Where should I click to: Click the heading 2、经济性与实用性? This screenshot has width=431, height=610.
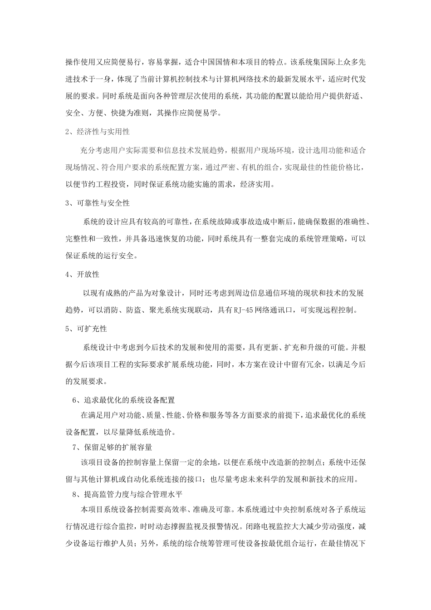(x=98, y=132)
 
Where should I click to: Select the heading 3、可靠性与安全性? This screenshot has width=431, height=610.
(x=98, y=203)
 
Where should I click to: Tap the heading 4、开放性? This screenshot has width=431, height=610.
(x=82, y=274)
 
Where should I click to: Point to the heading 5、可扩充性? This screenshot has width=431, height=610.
(x=86, y=328)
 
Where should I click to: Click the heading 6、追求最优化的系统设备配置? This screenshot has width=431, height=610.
(x=123, y=400)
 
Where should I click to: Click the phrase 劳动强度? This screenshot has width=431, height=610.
(x=331, y=527)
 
